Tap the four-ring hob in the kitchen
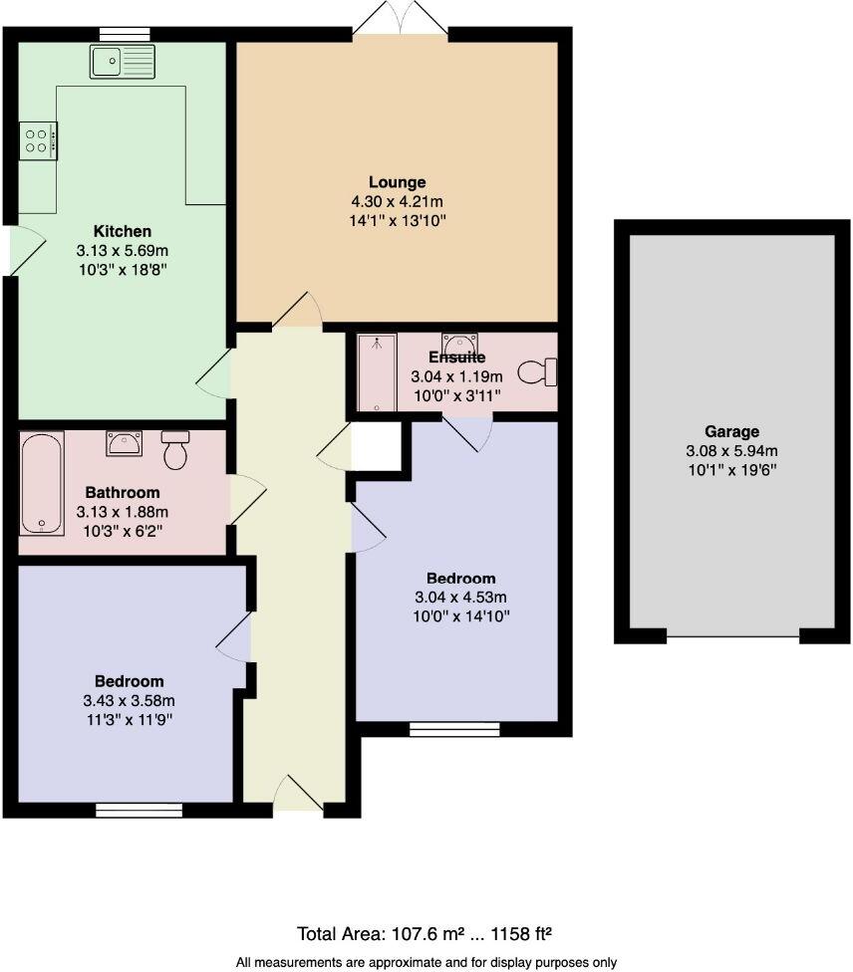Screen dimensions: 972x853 pyautogui.click(x=38, y=139)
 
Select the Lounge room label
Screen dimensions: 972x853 pyautogui.click(x=397, y=182)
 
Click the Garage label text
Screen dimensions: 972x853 pyautogui.click(x=732, y=431)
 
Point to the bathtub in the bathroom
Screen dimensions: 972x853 pyautogui.click(x=42, y=483)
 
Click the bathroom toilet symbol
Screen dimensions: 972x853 pyautogui.click(x=175, y=450)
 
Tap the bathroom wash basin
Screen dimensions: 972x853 pyautogui.click(x=126, y=442)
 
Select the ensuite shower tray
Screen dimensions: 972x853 pyautogui.click(x=378, y=373)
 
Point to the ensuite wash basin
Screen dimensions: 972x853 pyautogui.click(x=459, y=345)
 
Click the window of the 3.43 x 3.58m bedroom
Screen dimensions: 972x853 pyautogui.click(x=139, y=810)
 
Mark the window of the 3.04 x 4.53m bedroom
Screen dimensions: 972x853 pyautogui.click(x=454, y=730)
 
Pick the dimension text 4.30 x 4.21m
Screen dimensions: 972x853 pyautogui.click(x=397, y=200)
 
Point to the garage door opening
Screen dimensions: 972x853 pyautogui.click(x=732, y=635)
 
